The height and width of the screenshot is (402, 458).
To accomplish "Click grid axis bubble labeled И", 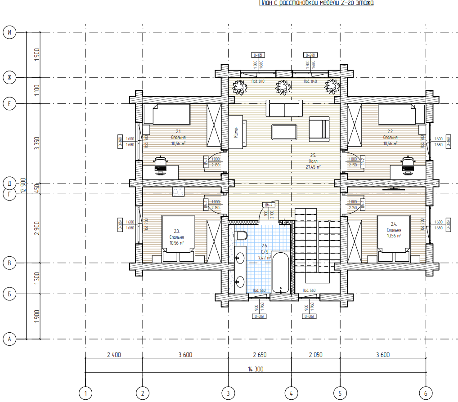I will click(9, 32).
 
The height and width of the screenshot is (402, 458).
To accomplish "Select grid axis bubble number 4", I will click(291, 393).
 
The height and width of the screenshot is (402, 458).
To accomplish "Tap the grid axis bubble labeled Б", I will click(9, 294).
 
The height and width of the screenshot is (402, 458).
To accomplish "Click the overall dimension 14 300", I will click(256, 369).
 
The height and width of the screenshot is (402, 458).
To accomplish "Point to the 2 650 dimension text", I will click(260, 355).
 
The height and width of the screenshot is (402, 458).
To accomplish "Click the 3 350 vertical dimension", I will click(37, 143).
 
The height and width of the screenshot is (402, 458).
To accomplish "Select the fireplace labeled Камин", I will click(237, 132).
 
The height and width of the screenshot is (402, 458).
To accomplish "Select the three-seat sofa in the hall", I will click(284, 108).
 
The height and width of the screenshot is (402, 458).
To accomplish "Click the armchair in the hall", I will click(319, 129).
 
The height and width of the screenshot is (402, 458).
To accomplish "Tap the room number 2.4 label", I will click(394, 224).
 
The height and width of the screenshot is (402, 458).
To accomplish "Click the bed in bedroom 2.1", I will click(171, 115).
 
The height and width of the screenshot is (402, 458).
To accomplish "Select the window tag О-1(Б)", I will click(258, 55).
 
